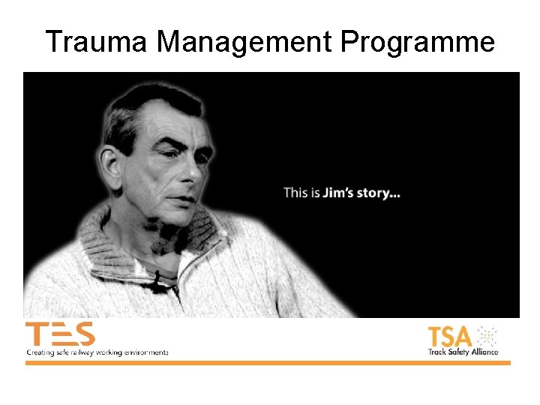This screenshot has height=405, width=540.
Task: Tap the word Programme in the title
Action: coord(418,42)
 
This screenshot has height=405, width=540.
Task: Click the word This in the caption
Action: coord(295,193)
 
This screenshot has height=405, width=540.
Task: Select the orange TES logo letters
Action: coord(60,334)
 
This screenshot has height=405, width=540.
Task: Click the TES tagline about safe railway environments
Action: coord(97,352)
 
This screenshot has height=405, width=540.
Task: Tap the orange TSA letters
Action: coord(450,335)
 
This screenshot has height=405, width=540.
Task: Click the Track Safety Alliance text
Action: coord(463,351)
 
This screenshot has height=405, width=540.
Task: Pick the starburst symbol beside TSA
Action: coord(487,335)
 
